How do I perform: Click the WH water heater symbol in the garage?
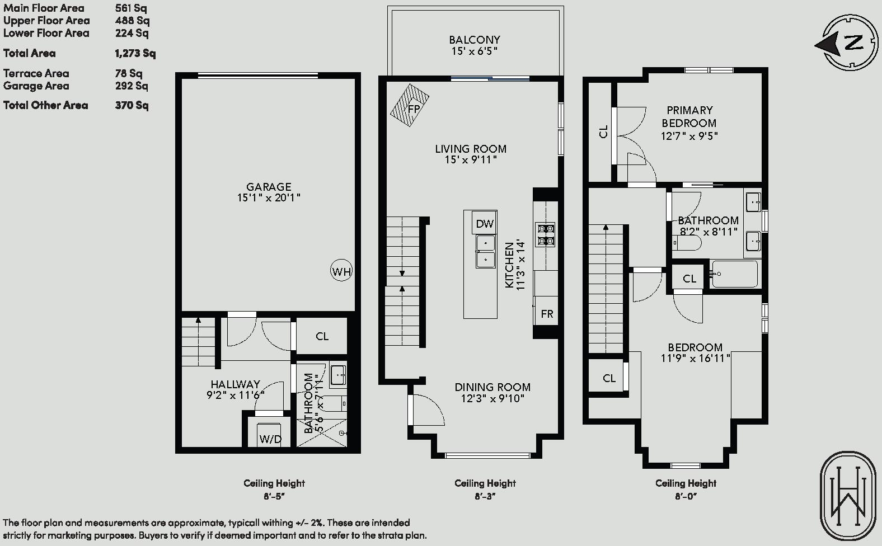341,270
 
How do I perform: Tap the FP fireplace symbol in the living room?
410,105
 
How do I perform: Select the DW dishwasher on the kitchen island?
484,224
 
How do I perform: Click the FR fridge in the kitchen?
547,313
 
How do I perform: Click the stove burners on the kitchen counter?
545,235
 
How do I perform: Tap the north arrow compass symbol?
847,43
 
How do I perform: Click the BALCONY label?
475,40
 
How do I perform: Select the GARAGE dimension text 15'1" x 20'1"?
269,197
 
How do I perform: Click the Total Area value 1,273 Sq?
135,53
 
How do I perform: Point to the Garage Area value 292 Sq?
132,86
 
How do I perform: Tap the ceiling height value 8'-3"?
485,496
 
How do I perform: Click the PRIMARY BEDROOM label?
689,116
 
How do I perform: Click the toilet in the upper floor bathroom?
687,243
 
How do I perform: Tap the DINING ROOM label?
492,387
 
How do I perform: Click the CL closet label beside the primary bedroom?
603,131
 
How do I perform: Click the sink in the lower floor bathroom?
338,375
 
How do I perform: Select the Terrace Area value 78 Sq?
129,73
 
